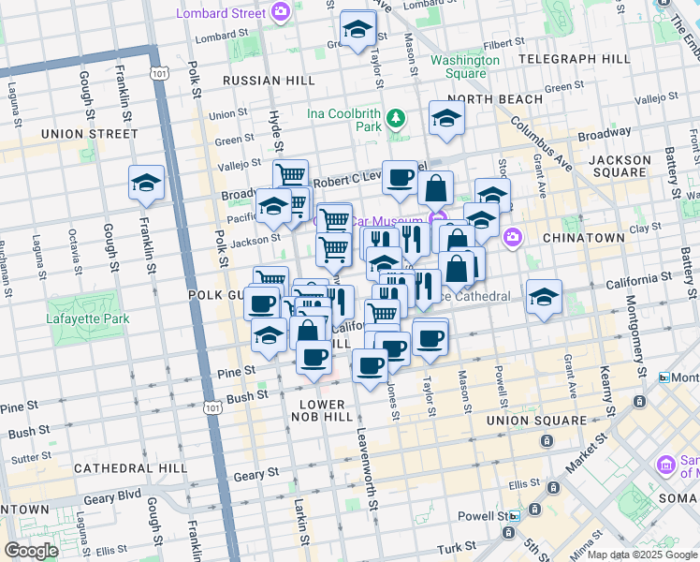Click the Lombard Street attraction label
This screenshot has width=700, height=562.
click(x=221, y=12)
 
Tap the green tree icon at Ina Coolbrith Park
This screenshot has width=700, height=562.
click(x=397, y=118)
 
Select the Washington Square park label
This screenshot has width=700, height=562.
click(x=464, y=67)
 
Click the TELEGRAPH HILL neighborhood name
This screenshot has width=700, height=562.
click(x=575, y=59)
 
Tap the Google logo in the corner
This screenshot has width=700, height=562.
click(x=31, y=551)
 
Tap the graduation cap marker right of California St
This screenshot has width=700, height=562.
click(x=544, y=298)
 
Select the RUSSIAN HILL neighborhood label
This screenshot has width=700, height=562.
click(x=266, y=81)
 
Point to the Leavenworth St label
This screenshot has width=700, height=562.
click(x=367, y=468)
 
